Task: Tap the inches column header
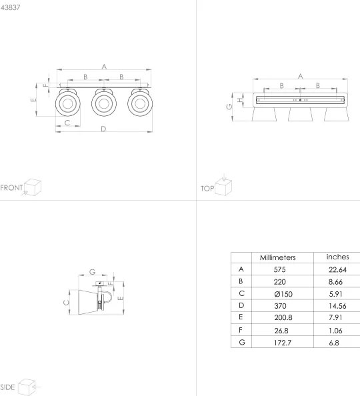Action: (x=337, y=257)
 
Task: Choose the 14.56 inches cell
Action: (x=337, y=306)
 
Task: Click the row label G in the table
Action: (x=241, y=343)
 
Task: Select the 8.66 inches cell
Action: (x=337, y=282)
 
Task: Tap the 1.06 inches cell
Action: (x=337, y=330)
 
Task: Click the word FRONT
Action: (x=11, y=187)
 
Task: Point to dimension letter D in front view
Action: (x=103, y=129)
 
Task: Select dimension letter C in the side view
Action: (x=65, y=302)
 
